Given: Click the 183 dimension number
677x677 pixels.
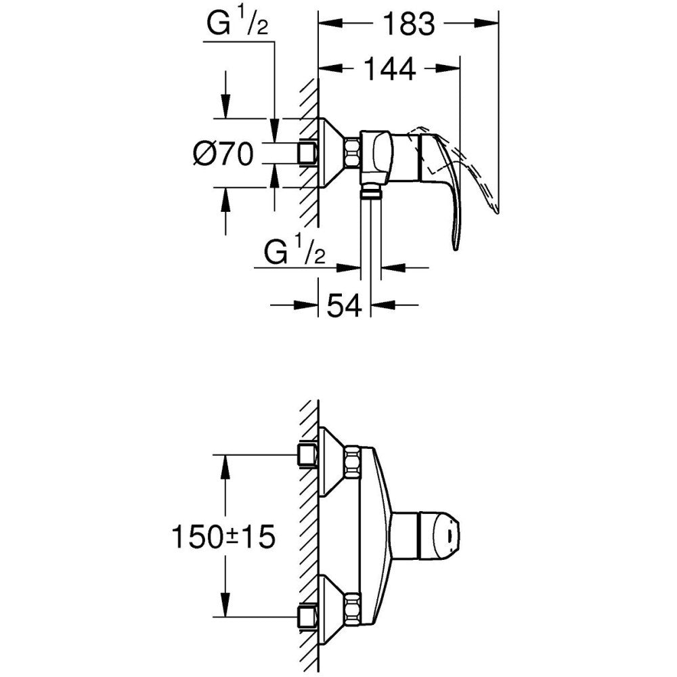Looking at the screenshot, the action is point(409,24).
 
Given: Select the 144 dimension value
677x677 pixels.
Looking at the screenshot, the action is point(390,68).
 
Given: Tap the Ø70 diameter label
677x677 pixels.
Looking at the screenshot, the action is point(223,153).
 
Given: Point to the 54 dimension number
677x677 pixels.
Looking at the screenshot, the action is point(343,305).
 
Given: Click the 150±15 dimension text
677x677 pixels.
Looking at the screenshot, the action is point(223,537).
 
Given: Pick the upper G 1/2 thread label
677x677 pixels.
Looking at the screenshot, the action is point(237,24).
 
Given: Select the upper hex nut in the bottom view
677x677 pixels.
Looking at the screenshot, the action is point(352,462).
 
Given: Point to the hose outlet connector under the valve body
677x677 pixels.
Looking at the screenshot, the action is point(370,191).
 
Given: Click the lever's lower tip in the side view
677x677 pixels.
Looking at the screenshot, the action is point(455,247).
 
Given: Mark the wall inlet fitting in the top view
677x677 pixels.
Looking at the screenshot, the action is point(307,153).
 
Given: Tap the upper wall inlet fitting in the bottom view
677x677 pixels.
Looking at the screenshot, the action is point(307,455).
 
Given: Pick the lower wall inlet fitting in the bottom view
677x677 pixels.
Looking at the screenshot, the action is point(307,617).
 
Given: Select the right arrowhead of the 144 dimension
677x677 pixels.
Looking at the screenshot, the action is point(447,68).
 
